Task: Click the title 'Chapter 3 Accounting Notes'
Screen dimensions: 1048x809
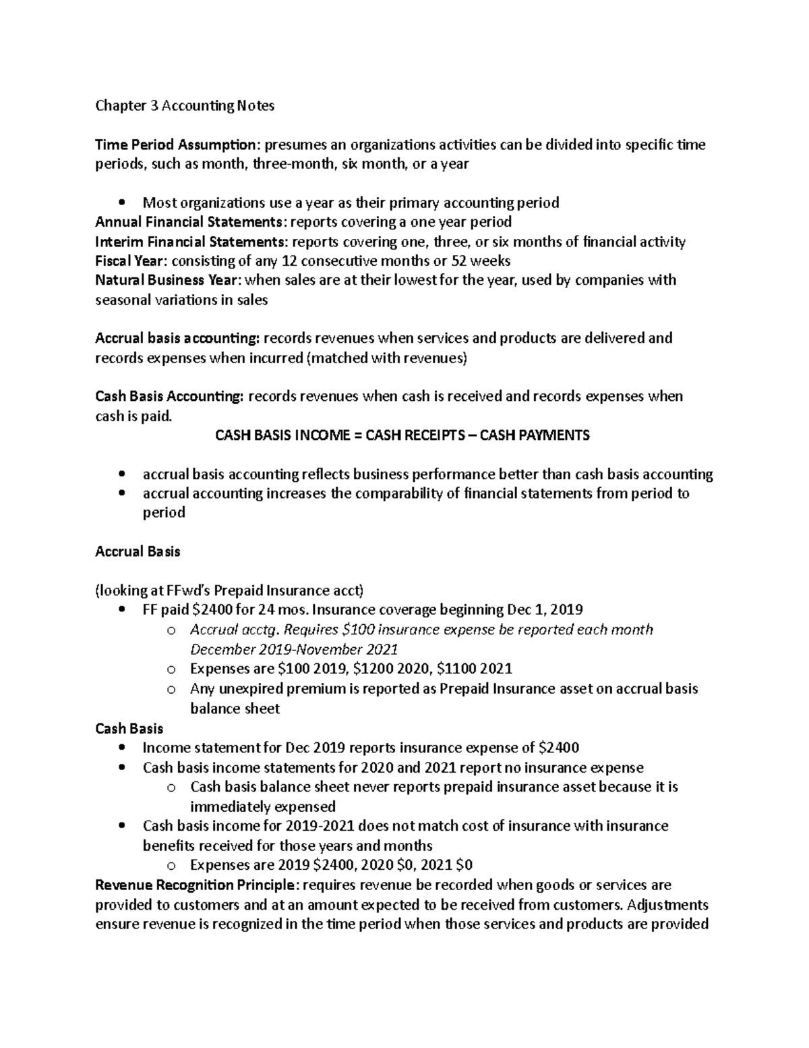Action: click(185, 106)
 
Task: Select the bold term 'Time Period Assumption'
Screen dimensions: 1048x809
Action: click(176, 144)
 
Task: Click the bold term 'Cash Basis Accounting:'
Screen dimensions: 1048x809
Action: click(169, 396)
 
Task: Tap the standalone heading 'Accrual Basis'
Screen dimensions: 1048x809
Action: click(138, 551)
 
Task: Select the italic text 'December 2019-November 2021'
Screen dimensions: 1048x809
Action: click(294, 649)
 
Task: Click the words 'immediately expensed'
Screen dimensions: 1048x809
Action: click(262, 806)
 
